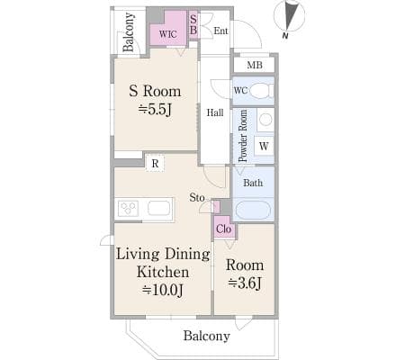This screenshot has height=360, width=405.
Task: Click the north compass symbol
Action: [x=289, y=19]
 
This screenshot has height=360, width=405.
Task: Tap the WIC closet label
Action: [x=168, y=34]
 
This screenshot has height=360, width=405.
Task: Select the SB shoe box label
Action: [x=193, y=24]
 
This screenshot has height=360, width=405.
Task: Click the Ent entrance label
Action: [x=220, y=31]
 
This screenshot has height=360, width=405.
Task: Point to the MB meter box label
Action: [x=255, y=65]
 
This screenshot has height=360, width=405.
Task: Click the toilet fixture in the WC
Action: [x=261, y=91]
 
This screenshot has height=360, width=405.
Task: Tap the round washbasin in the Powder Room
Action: [x=265, y=120]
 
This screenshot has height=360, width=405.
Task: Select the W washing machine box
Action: [x=264, y=146]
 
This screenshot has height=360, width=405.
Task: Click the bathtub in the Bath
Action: [x=253, y=210]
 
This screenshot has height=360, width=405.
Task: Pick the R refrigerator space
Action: [x=155, y=164]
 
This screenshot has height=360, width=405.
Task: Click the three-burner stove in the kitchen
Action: [x=129, y=208]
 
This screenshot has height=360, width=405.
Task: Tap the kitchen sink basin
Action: [x=159, y=208]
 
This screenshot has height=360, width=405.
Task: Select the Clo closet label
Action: [x=224, y=229]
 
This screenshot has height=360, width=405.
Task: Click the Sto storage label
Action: [x=197, y=197]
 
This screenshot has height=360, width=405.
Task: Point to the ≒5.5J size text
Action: [x=155, y=110]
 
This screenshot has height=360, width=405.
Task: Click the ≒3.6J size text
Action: [x=245, y=283]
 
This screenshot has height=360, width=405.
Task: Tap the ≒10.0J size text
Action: [x=163, y=290]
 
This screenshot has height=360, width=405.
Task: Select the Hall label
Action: [x=215, y=112]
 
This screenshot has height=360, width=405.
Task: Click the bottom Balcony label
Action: [x=207, y=336]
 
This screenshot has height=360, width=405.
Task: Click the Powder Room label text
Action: [x=243, y=136]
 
